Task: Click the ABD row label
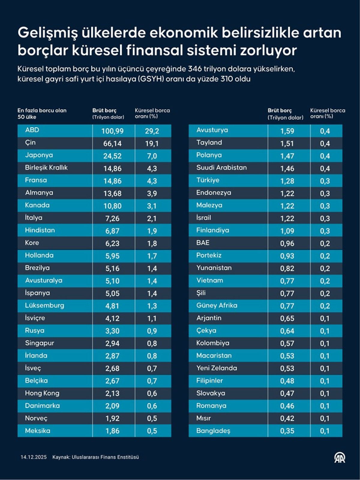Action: click(32, 130)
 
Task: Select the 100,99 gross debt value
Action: click(112, 131)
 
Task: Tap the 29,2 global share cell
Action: click(152, 131)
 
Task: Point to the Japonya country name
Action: click(39, 155)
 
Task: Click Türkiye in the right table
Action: click(208, 180)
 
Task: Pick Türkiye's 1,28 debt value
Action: click(287, 181)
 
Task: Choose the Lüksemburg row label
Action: click(44, 305)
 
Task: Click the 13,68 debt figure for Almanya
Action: click(112, 193)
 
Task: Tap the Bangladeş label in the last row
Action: click(213, 431)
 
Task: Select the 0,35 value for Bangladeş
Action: click(287, 431)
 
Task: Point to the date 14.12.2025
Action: click(34, 457)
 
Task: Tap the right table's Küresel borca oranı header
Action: click(327, 113)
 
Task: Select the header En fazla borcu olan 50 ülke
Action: click(42, 113)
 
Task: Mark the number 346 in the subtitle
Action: click(194, 69)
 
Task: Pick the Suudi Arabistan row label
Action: click(221, 168)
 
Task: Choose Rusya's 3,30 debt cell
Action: click(112, 331)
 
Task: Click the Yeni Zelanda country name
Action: click(216, 368)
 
